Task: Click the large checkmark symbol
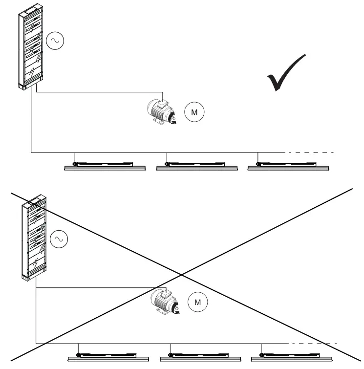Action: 285,73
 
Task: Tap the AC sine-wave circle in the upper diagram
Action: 55,42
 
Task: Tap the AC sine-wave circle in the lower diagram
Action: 59,239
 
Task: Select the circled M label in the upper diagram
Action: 194,112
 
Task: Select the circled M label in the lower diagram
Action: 198,302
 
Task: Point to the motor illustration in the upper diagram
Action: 162,112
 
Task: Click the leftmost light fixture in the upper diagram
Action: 106,167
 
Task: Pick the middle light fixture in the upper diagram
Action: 196,167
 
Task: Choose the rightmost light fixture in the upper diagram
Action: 288,167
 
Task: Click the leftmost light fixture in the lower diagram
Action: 108,356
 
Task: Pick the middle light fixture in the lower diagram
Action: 200,356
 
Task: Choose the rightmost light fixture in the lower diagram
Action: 291,356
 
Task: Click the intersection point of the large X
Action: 182,273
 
